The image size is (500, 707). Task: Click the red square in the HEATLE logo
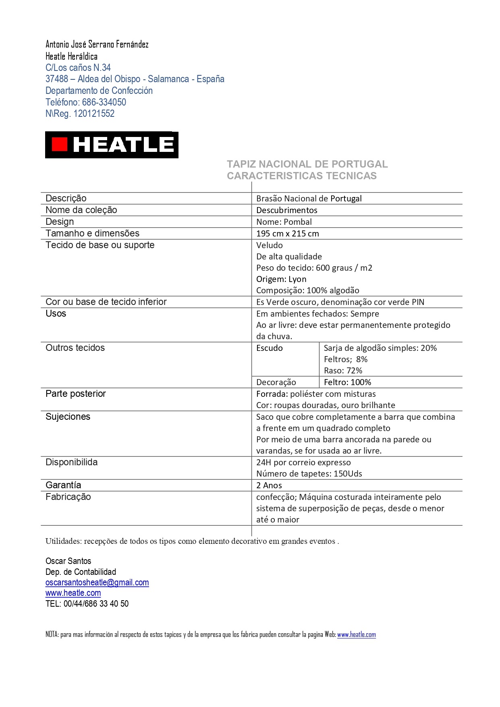(60, 145)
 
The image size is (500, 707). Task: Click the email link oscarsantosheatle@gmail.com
(97, 583)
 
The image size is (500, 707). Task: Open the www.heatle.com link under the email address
(73, 593)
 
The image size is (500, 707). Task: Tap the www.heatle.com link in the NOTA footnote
(356, 634)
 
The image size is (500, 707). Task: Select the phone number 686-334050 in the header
(104, 102)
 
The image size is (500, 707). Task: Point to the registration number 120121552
(94, 114)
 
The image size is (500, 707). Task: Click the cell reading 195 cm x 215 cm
(288, 234)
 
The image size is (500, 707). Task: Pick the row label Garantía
(63, 485)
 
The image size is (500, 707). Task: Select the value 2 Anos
(269, 485)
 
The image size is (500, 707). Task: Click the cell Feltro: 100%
(347, 382)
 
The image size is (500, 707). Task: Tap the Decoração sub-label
(276, 382)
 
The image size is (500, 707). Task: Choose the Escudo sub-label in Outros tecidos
(270, 348)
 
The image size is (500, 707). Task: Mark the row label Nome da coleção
(81, 210)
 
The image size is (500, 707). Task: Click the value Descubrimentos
(287, 210)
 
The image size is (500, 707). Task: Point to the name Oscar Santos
(68, 561)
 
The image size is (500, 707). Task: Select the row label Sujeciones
(68, 417)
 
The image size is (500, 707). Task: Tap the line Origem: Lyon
(281, 279)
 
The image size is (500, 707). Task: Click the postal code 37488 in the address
(56, 79)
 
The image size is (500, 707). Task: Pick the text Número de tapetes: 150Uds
(309, 474)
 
